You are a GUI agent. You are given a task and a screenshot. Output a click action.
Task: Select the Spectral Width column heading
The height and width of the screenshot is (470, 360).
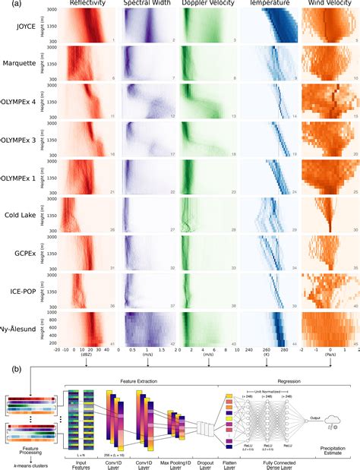tap(147, 4)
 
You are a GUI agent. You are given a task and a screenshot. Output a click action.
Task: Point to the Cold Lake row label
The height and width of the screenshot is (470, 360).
tap(24, 216)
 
